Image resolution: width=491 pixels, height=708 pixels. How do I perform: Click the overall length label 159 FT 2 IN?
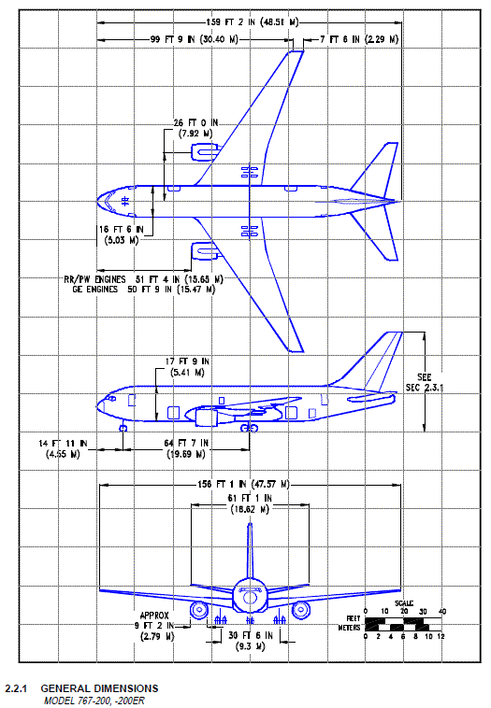[x=253, y=22]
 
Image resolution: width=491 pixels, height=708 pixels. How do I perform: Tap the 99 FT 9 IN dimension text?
[x=194, y=39]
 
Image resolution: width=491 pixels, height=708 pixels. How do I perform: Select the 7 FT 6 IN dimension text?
[x=359, y=39]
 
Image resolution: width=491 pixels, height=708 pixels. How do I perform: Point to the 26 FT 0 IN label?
[x=195, y=128]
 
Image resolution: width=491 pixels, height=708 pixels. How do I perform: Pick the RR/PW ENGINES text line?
[x=144, y=279]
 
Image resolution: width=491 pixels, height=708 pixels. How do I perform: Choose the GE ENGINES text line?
[x=144, y=290]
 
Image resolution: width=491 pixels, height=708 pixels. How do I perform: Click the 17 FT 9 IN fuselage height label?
[x=187, y=367]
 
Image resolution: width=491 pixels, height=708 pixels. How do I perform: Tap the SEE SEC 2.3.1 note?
[x=424, y=382]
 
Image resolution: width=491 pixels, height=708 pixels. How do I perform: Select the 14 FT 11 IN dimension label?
[x=64, y=449]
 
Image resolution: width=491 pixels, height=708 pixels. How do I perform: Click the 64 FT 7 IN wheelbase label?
[x=186, y=449]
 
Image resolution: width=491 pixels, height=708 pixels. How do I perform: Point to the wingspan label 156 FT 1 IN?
[x=243, y=485]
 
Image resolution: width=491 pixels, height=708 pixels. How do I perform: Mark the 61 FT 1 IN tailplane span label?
[x=250, y=503]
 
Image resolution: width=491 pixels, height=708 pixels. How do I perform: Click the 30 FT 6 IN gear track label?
[x=251, y=641]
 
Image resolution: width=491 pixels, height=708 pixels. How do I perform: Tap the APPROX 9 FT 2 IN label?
[x=154, y=626]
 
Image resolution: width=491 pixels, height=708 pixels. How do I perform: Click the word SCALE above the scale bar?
[x=404, y=603]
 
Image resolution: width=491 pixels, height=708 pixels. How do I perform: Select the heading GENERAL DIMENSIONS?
[x=99, y=688]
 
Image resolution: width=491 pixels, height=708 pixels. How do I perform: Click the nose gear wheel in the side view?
[x=123, y=428]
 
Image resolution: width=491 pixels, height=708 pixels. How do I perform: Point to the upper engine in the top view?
[x=205, y=151]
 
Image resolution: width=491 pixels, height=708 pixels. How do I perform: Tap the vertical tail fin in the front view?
[x=250, y=551]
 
